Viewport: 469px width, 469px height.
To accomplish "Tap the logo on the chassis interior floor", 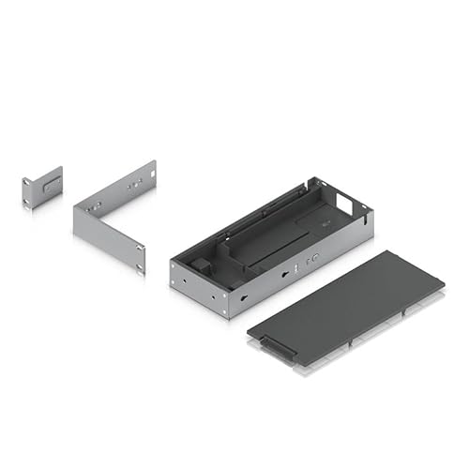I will (x=323, y=222).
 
